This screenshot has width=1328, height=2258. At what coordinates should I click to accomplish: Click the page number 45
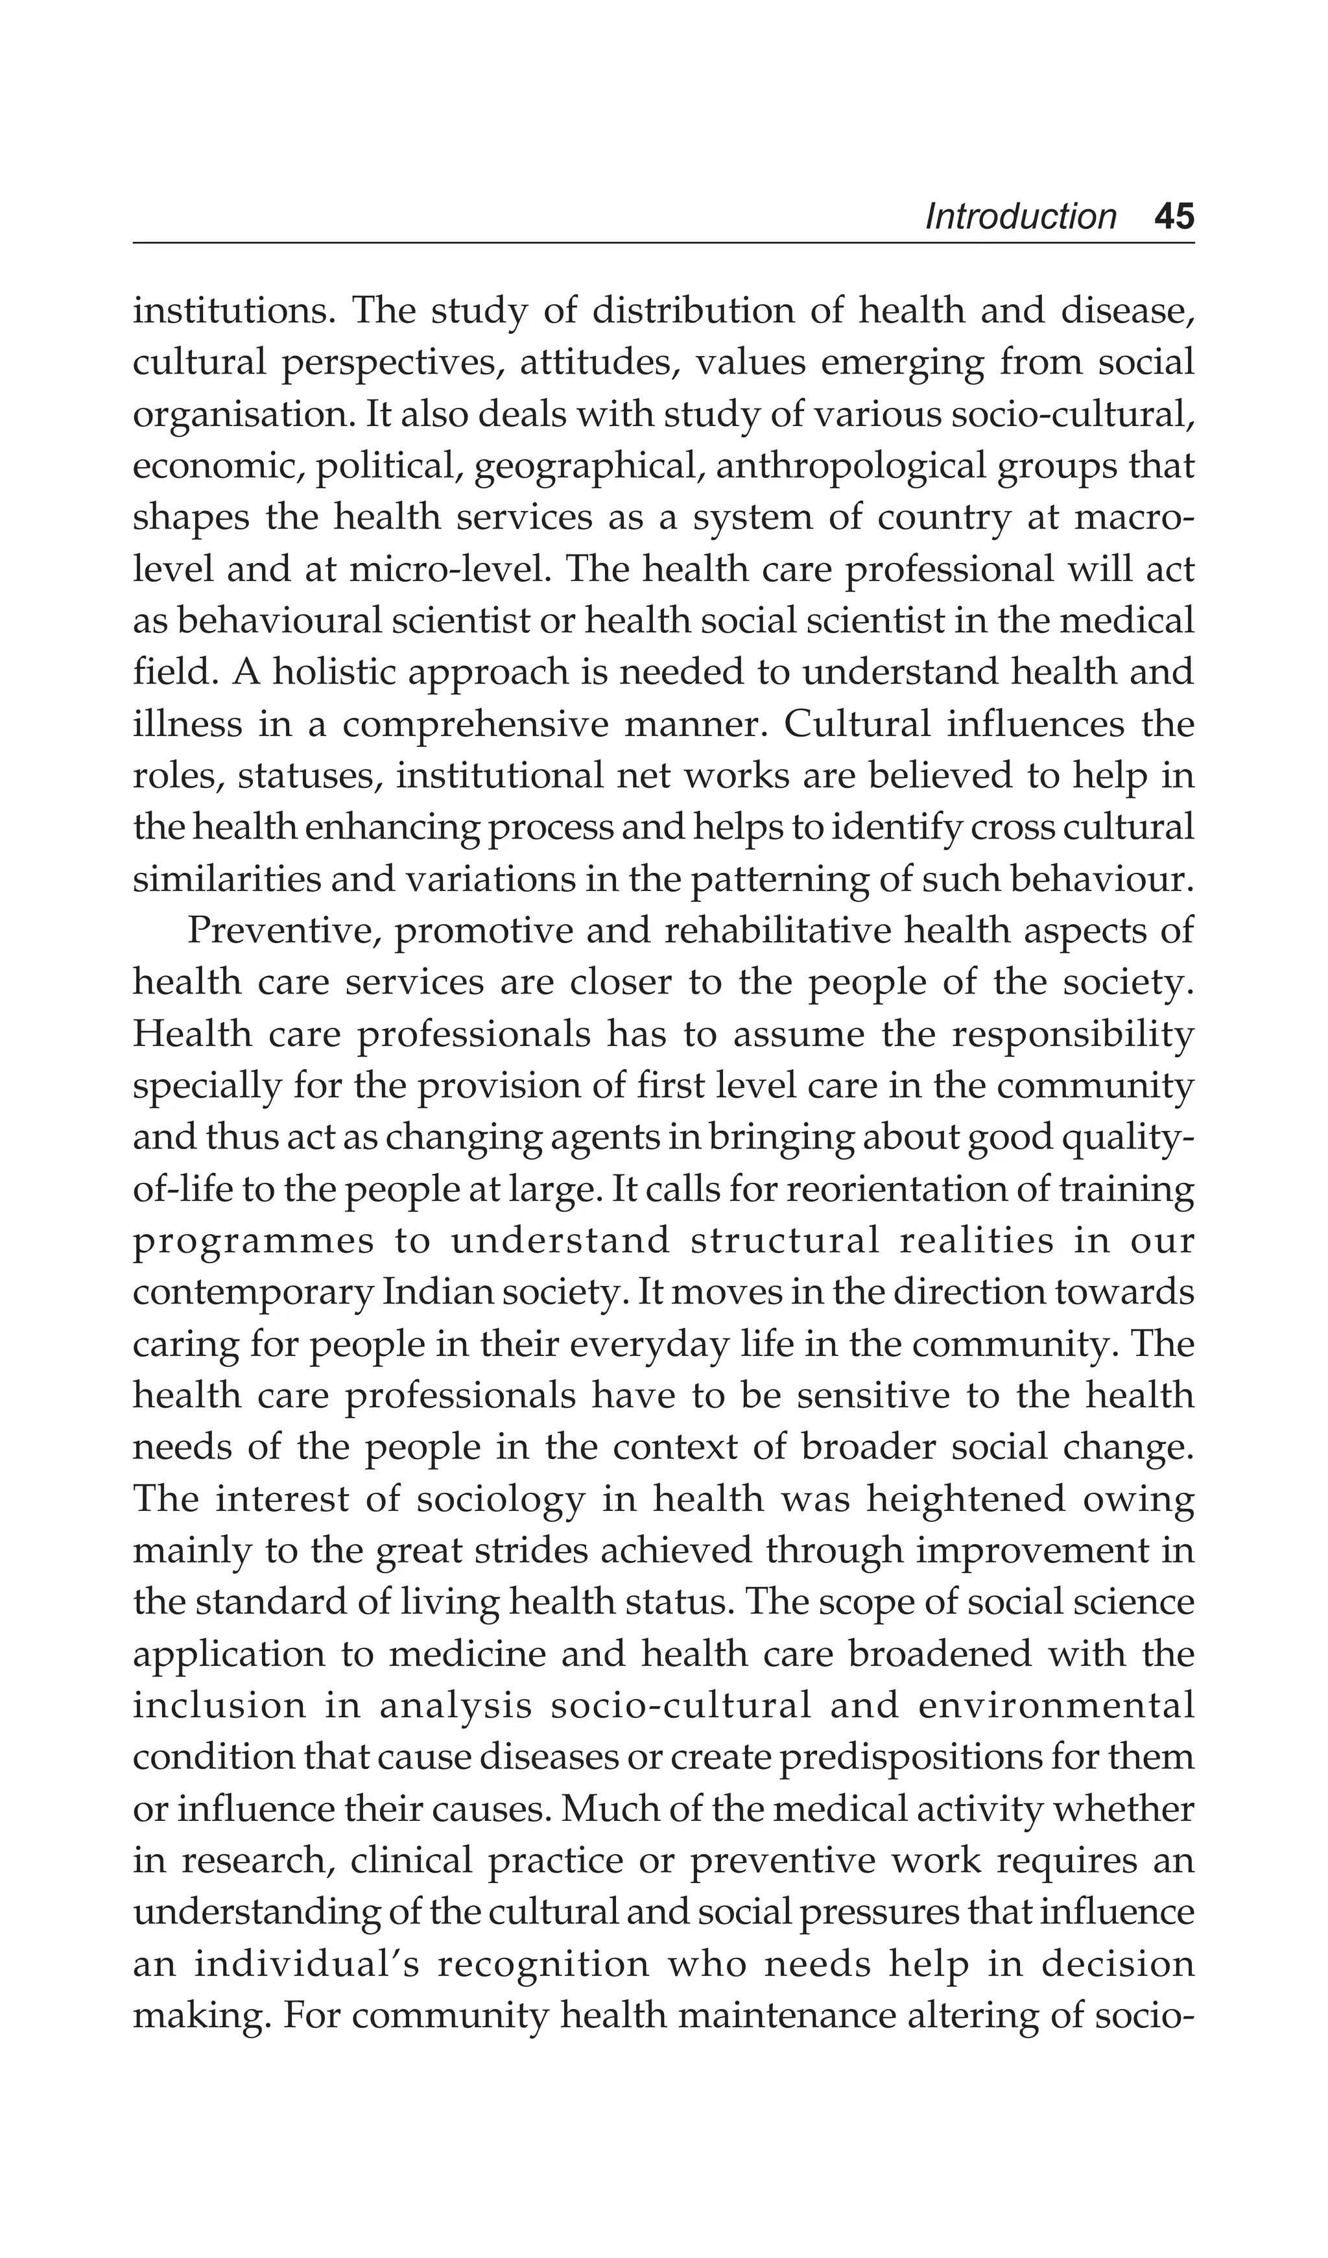point(1174,217)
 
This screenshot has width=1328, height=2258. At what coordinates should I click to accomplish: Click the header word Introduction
point(1021,217)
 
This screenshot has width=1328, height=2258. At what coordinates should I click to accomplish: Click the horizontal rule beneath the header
point(663,243)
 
